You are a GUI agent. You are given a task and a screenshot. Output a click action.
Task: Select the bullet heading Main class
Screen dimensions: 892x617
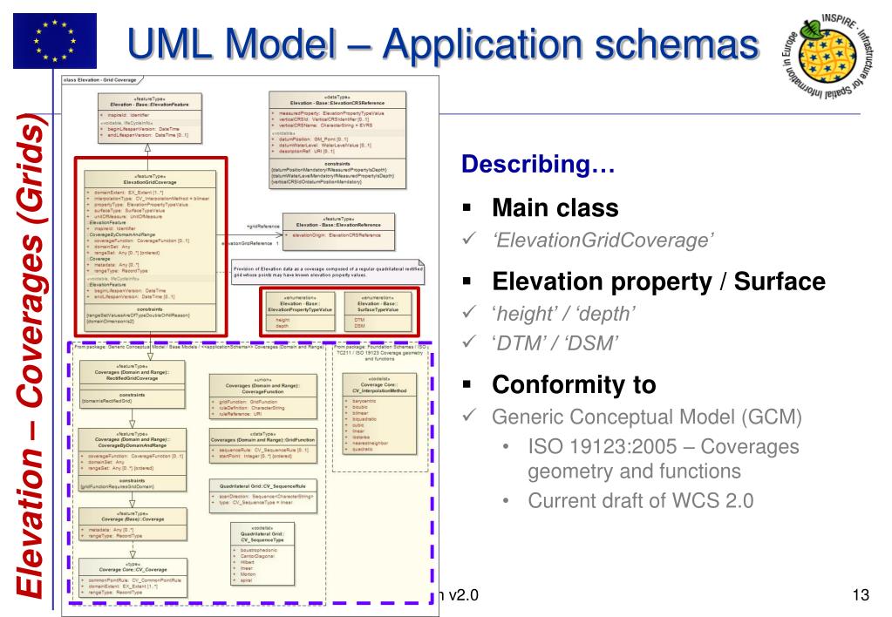click(x=556, y=207)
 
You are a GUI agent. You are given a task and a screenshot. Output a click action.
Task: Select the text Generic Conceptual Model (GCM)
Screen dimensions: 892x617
click(x=646, y=417)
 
